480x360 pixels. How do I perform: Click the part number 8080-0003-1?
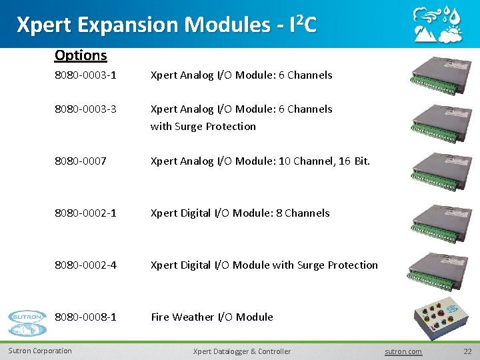click(x=85, y=75)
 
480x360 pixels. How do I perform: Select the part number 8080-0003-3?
click(x=85, y=109)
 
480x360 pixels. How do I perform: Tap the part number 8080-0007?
click(x=80, y=161)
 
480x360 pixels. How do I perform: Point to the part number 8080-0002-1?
click(x=85, y=213)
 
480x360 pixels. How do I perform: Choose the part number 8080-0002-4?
click(x=85, y=265)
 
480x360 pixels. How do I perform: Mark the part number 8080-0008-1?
click(x=85, y=317)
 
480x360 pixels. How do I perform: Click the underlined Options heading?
click(x=81, y=55)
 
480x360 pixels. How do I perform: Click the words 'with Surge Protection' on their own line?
click(x=203, y=126)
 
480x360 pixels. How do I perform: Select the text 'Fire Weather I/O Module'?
click(x=212, y=317)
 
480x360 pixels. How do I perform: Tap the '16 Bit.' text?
click(x=354, y=161)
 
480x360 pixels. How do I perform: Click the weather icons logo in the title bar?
click(x=437, y=25)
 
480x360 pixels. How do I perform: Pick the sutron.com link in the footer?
click(x=403, y=351)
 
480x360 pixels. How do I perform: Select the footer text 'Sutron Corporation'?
click(x=40, y=351)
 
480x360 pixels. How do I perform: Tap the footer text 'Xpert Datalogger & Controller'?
click(x=241, y=351)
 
